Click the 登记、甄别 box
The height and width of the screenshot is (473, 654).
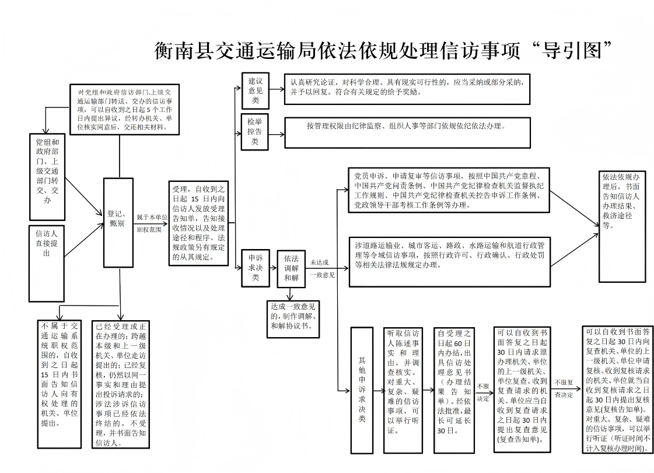[118, 218]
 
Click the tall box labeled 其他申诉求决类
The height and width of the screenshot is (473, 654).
[361, 390]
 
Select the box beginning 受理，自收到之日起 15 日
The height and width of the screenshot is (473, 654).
[198, 222]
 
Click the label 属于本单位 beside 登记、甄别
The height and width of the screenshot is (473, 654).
[152, 217]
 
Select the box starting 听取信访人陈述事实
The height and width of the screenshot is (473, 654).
[404, 390]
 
